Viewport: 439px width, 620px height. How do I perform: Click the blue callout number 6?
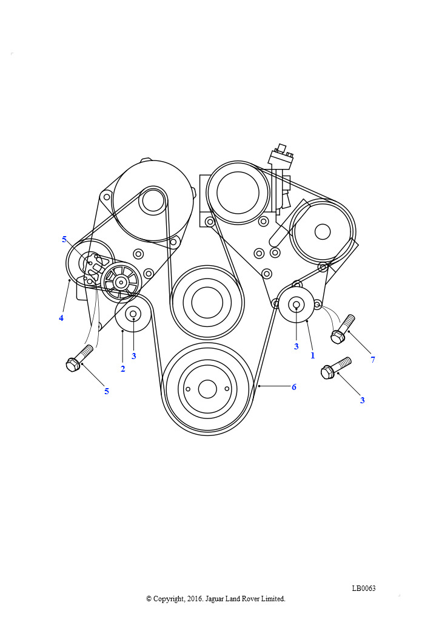pos(293,387)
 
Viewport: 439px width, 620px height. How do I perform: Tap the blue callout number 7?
pos(372,360)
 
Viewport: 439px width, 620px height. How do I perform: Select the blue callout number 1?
pos(312,355)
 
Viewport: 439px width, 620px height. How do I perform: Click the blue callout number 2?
pos(122,369)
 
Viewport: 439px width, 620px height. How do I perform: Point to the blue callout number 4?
pos(61,318)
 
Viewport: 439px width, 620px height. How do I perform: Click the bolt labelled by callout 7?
pos(343,329)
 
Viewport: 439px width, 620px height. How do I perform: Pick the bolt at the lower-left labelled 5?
pos(79,358)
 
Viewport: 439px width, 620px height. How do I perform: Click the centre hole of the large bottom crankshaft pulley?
pos(207,389)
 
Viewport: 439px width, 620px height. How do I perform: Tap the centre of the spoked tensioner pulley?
pos(120,282)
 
